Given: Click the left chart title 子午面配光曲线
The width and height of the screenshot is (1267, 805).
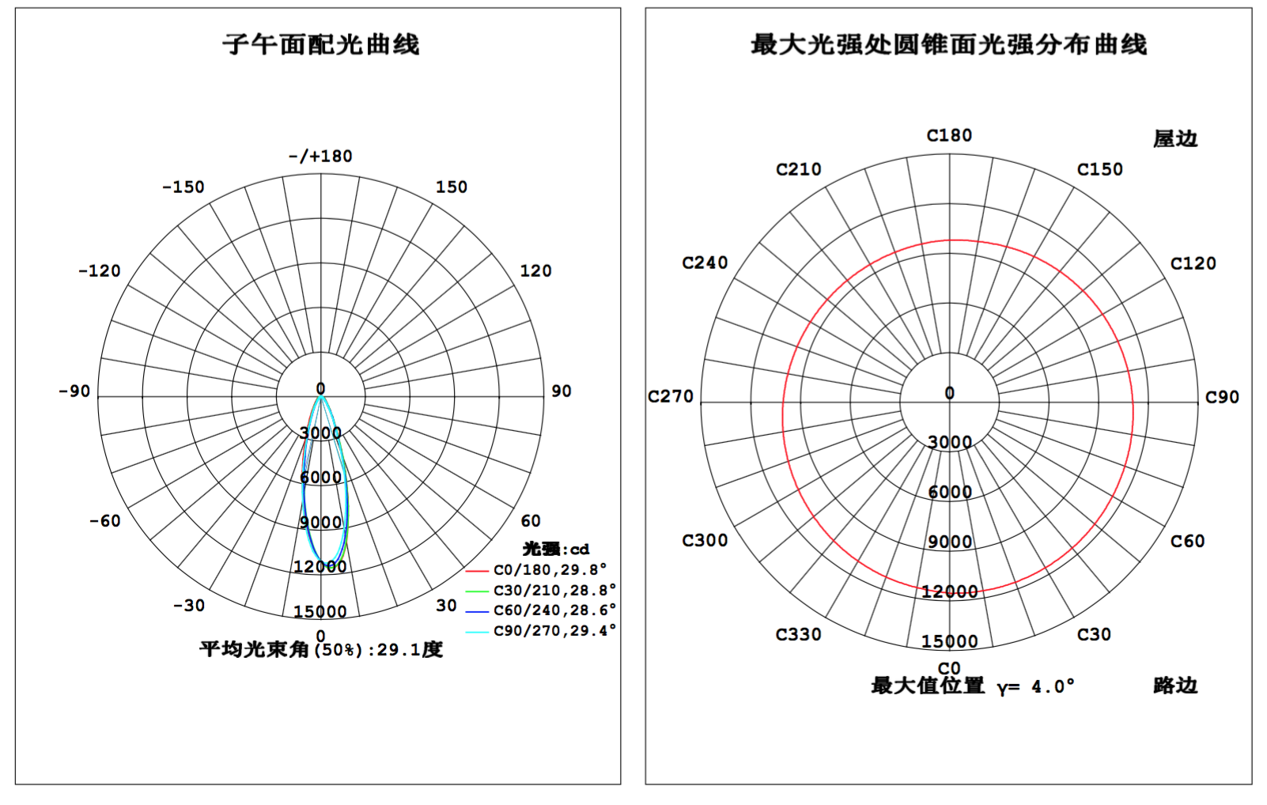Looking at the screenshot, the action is pyautogui.click(x=321, y=45).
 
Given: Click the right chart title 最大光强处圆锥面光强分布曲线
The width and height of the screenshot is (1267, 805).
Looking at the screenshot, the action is pyautogui.click(x=948, y=45).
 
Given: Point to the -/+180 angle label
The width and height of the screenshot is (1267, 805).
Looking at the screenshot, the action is pyautogui.click(x=321, y=156).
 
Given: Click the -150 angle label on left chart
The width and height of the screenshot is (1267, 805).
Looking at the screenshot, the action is pyautogui.click(x=183, y=187).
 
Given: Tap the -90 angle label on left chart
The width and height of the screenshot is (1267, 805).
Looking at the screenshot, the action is pyautogui.click(x=74, y=391).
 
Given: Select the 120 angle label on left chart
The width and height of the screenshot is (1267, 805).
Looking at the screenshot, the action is pyautogui.click(x=535, y=271).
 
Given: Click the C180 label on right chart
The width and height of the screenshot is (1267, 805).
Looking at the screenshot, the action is pyautogui.click(x=949, y=136).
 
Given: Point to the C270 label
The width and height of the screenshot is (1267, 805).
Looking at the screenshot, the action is pyautogui.click(x=670, y=396).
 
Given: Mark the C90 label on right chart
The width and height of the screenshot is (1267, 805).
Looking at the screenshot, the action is pyautogui.click(x=1222, y=397).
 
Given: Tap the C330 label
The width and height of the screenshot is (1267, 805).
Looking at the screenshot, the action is pyautogui.click(x=798, y=635).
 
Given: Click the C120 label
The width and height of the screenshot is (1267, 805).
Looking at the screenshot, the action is pyautogui.click(x=1193, y=263).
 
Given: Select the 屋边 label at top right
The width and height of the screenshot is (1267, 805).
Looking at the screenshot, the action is pyautogui.click(x=1175, y=139).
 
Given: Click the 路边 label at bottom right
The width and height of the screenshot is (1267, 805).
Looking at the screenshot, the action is pyautogui.click(x=1175, y=686).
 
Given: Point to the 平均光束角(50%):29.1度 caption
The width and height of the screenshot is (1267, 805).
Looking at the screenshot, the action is pyautogui.click(x=321, y=649).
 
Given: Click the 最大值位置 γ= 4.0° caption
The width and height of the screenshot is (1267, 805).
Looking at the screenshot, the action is pyautogui.click(x=972, y=686).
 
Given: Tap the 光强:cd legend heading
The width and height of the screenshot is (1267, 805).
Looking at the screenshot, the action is pyautogui.click(x=556, y=549).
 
